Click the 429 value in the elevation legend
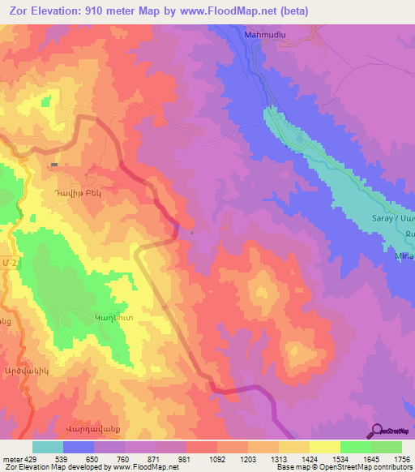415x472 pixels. (28, 459)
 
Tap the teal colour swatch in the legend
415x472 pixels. (48, 447)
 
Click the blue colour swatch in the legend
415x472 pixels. (79, 447)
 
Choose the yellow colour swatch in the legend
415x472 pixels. (325, 447)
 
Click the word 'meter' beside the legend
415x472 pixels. (11, 459)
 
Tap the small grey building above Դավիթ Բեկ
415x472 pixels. (53, 165)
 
